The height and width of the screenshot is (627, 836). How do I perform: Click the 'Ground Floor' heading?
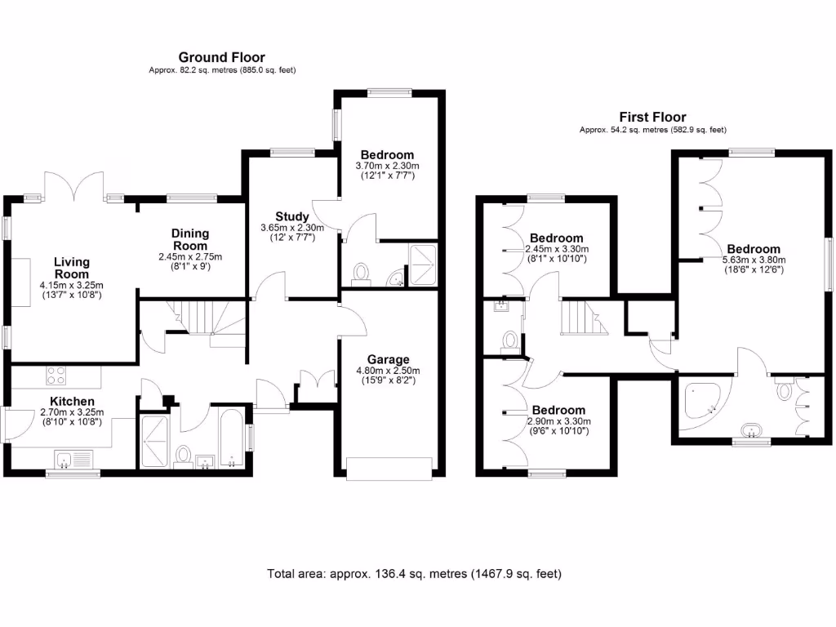coord(222,57)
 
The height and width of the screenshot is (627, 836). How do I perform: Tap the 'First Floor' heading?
coord(652,118)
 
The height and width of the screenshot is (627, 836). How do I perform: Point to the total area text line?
coord(415,574)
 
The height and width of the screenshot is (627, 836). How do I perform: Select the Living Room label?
coord(71,268)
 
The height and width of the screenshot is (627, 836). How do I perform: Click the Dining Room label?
coord(189,239)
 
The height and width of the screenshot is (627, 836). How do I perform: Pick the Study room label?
coord(292,216)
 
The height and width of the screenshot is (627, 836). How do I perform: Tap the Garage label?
coord(388,359)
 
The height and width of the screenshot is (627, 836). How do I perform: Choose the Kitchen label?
coord(72,401)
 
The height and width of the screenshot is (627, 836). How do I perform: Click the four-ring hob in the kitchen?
coord(56,376)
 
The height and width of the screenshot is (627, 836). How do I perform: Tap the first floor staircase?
coord(584,316)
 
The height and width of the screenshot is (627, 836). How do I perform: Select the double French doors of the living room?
coord(73,186)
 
